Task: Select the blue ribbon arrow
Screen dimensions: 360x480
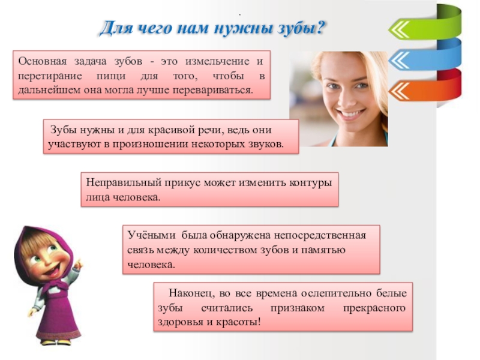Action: (423, 58)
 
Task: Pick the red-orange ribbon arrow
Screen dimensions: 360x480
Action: (423, 90)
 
